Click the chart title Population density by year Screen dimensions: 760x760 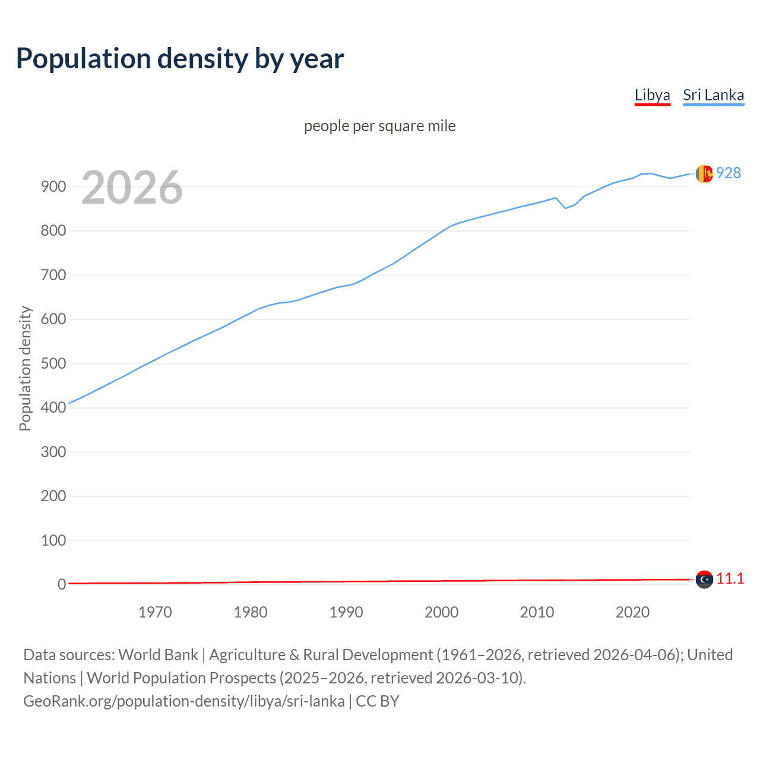180,59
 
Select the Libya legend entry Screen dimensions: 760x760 652,96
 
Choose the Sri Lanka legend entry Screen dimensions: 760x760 713,96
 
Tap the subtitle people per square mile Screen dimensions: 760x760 379,126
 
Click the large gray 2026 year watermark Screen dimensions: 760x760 132,188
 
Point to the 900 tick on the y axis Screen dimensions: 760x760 53,186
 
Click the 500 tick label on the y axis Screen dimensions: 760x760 53,363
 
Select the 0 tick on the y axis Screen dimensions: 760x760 62,584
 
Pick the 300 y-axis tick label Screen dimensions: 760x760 53,452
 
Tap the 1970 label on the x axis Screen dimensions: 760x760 155,612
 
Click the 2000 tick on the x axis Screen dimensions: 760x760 441,612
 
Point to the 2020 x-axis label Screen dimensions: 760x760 632,612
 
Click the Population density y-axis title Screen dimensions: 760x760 25,368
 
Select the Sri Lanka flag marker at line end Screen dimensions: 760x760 704,173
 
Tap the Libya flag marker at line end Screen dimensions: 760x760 704,579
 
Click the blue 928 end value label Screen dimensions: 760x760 729,173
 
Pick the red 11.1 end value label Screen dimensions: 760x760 730,579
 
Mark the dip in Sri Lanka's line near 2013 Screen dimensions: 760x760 565,208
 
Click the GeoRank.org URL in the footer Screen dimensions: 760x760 184,701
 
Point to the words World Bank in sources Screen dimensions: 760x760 158,655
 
